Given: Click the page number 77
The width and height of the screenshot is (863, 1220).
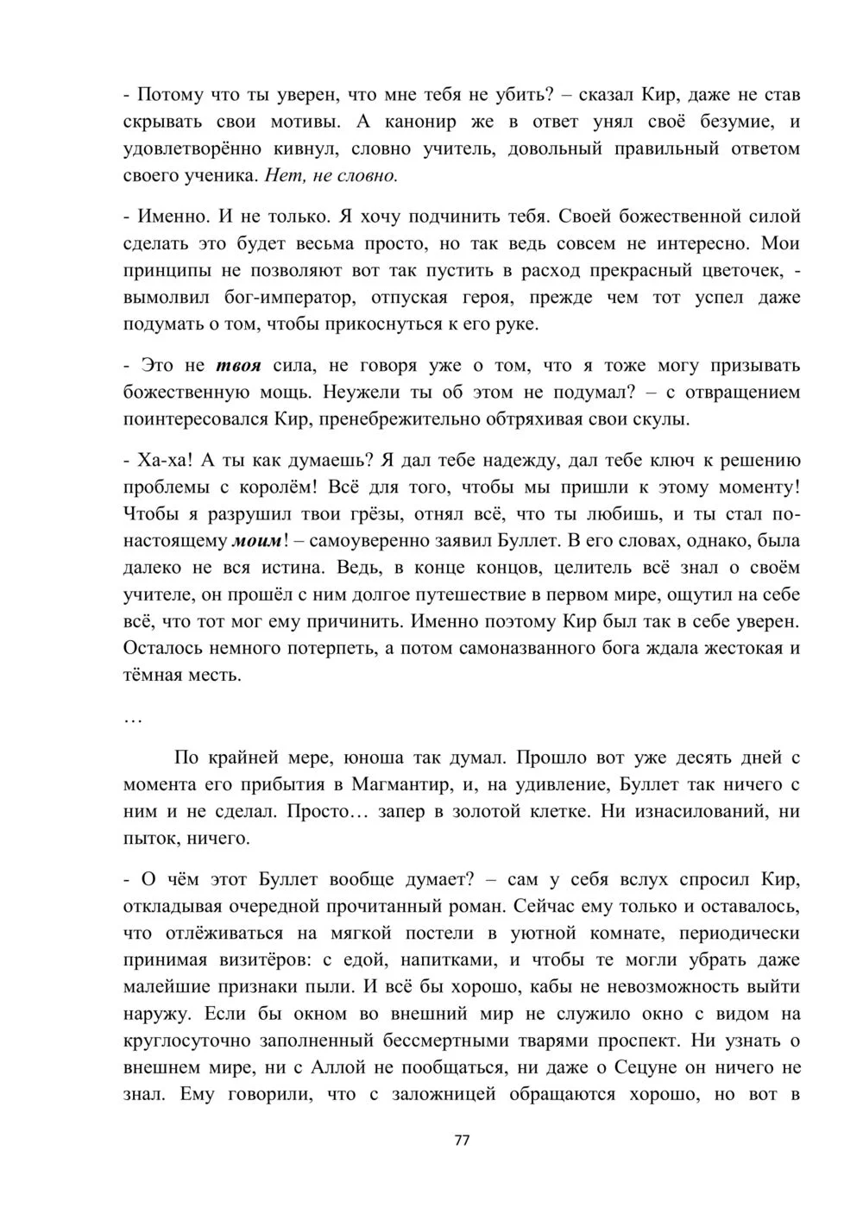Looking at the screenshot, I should point(462,1140).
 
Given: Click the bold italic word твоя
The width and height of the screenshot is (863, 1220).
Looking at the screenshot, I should point(238,365).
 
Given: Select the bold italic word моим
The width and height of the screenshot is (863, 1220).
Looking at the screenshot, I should point(257,541).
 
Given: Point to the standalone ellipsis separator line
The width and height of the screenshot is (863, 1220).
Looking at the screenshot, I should point(133,717).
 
